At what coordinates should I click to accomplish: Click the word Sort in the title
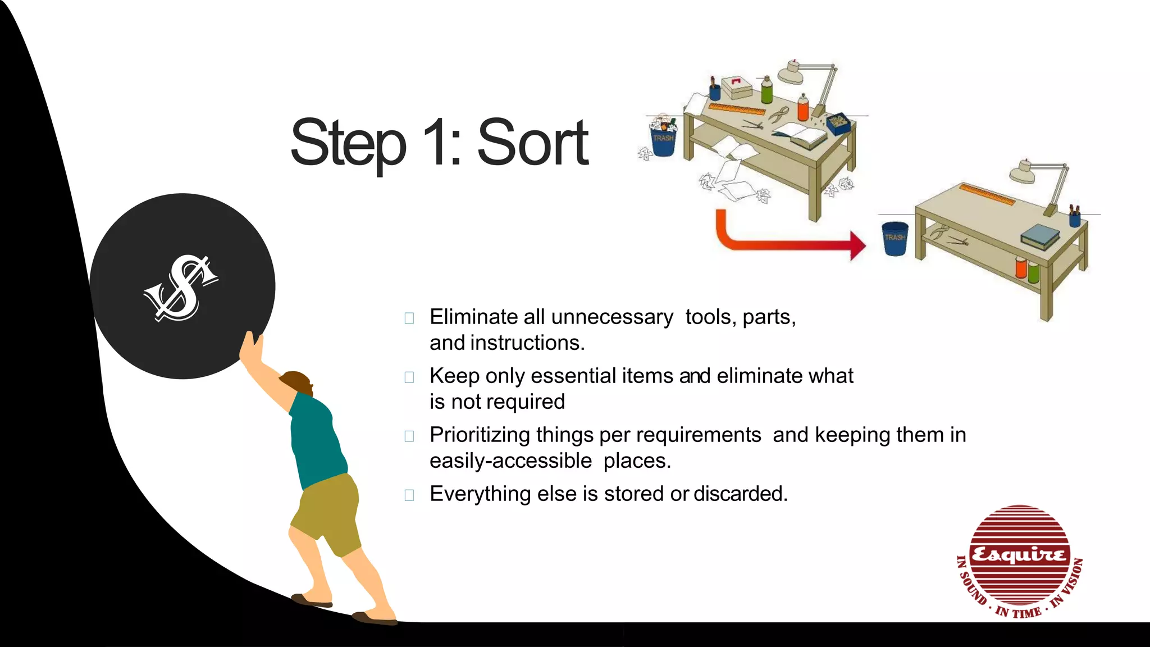click(532, 143)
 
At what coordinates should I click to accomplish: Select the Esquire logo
click(1019, 561)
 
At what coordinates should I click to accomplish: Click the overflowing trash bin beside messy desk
click(663, 136)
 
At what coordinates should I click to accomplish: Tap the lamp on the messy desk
click(809, 81)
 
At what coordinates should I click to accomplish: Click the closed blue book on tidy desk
click(1039, 236)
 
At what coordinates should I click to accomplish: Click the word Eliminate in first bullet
click(475, 317)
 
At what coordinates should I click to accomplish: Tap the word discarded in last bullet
click(740, 494)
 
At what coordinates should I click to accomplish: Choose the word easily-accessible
click(510, 461)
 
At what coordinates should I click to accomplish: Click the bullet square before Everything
click(409, 495)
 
